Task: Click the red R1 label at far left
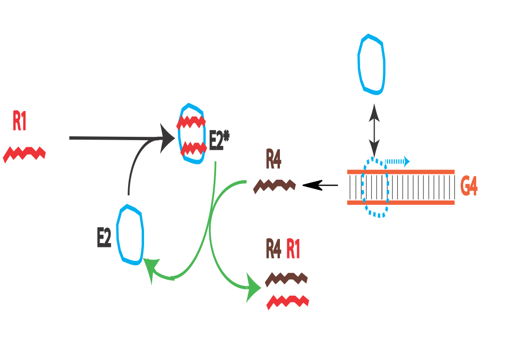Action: click(x=19, y=121)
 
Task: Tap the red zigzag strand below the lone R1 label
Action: click(x=24, y=155)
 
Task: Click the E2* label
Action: click(x=219, y=141)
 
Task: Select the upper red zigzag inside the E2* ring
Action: click(x=192, y=122)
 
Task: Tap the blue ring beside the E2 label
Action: click(x=131, y=235)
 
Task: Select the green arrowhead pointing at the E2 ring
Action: click(x=152, y=269)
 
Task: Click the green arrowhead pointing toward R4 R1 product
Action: click(x=253, y=288)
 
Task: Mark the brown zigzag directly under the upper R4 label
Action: click(x=275, y=186)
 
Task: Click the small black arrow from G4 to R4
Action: click(x=320, y=185)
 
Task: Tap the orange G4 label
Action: click(x=469, y=187)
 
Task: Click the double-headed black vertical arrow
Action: click(x=375, y=130)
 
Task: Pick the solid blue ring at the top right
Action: click(x=371, y=63)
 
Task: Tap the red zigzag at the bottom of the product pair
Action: click(x=288, y=302)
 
